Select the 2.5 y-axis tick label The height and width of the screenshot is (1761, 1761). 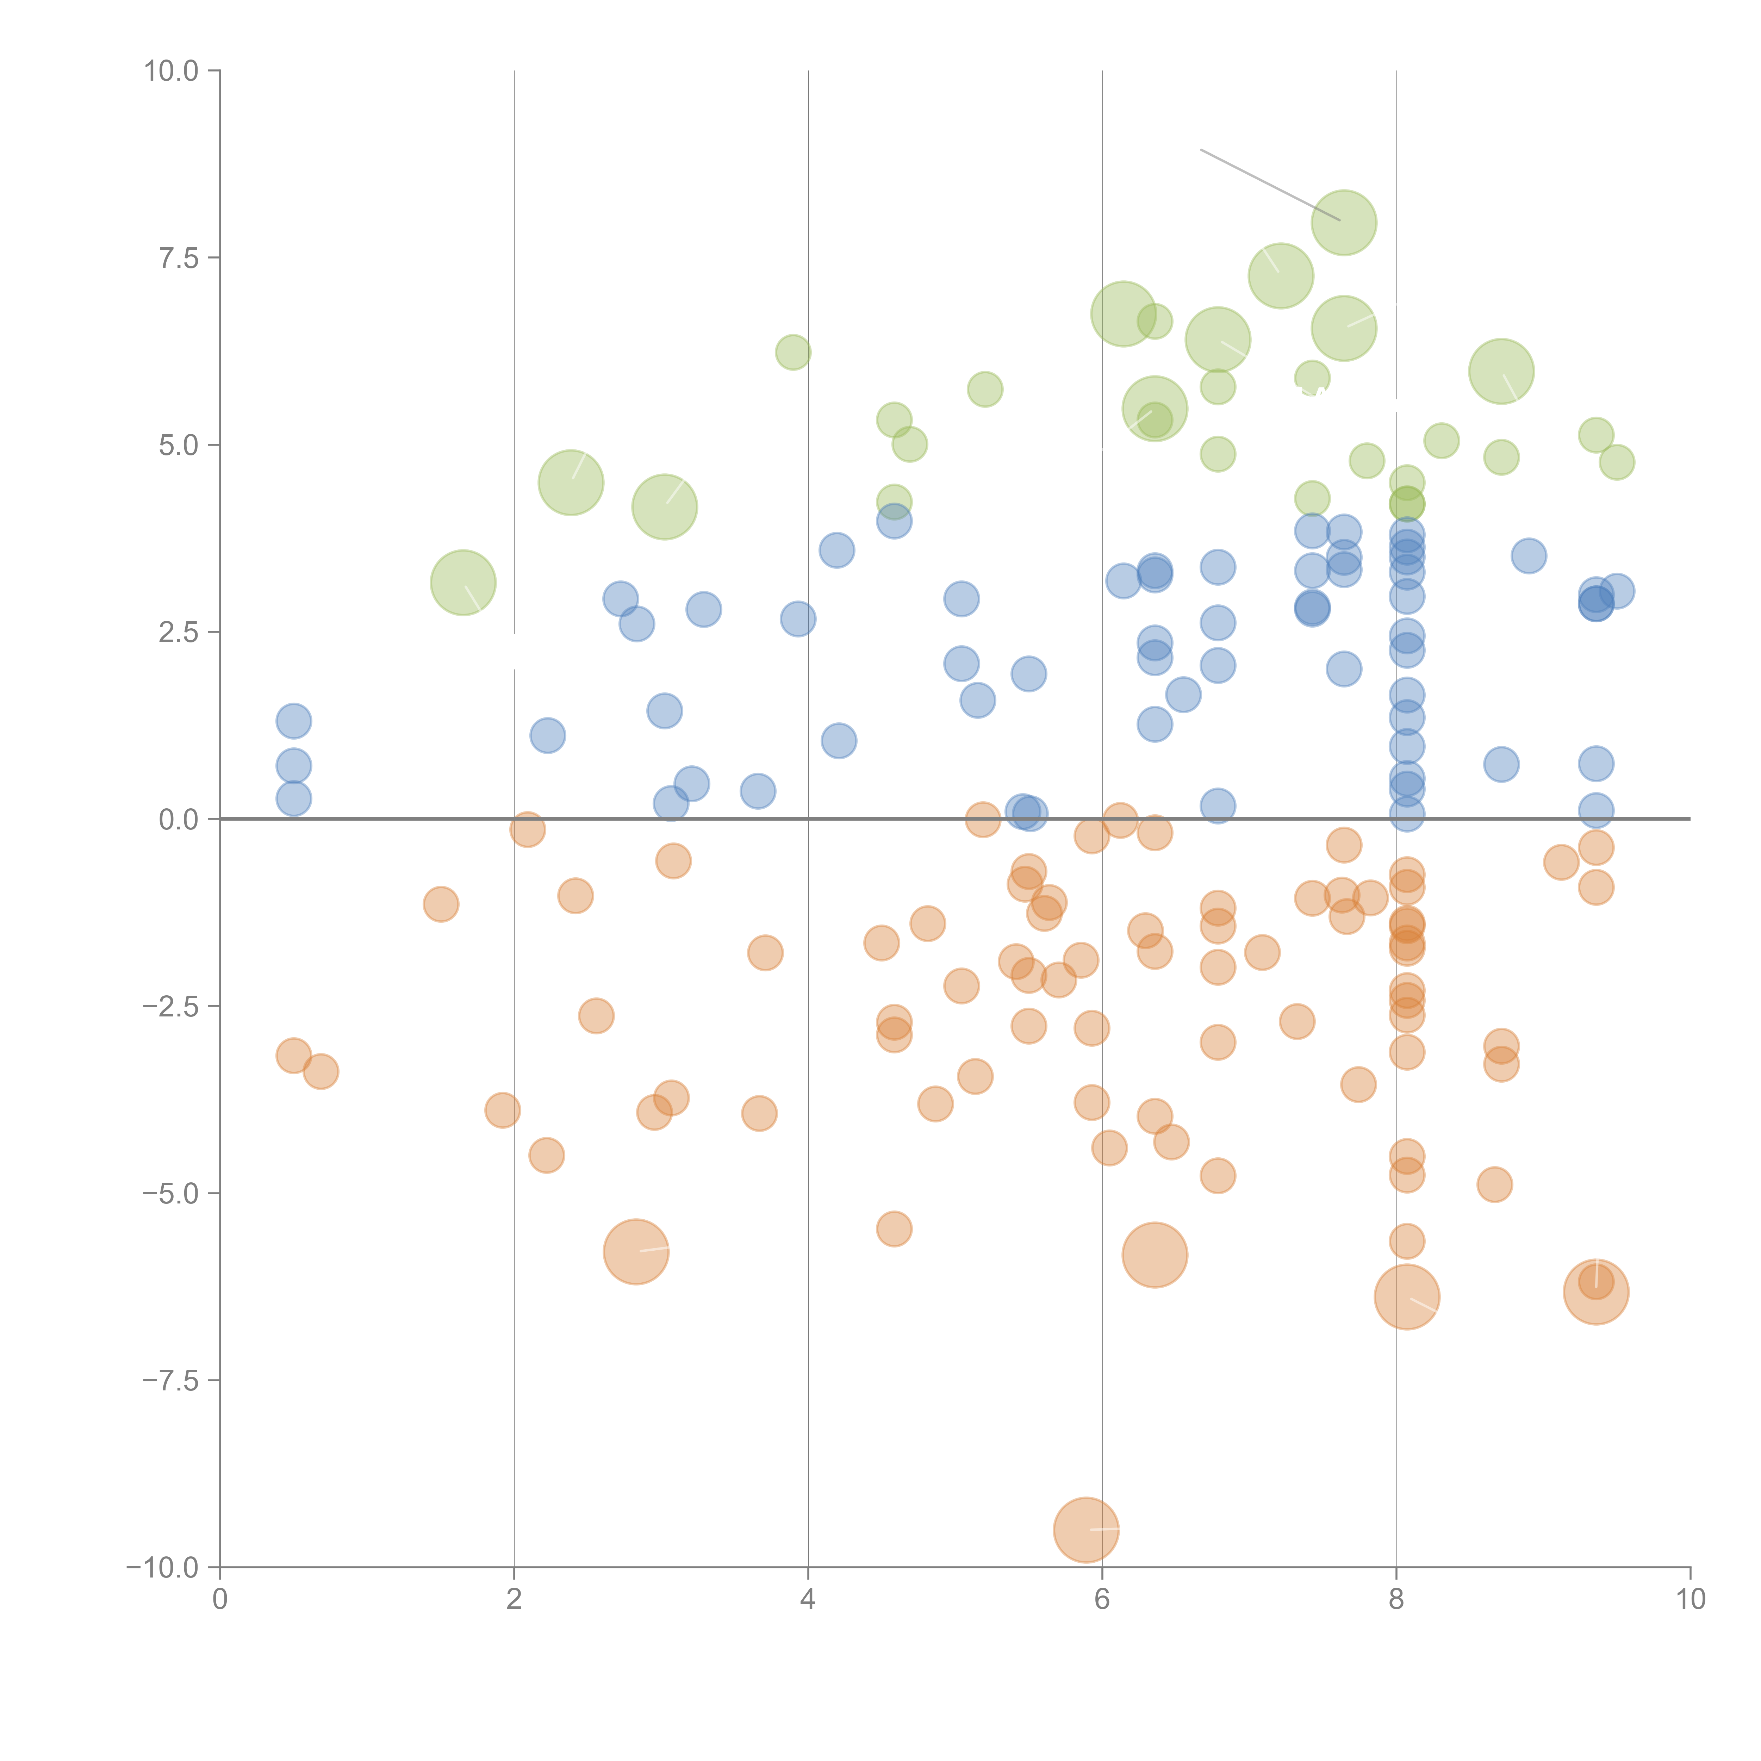click(179, 633)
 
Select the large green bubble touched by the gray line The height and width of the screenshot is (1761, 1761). click(1344, 222)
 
